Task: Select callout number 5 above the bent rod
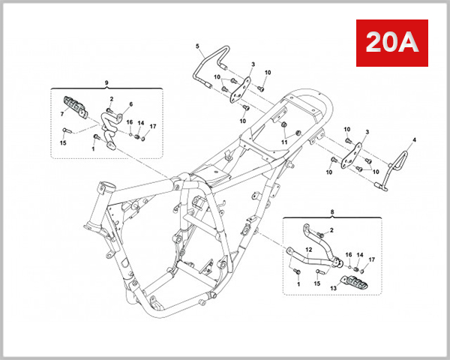(198, 46)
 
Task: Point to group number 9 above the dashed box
(106, 81)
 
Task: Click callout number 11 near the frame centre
(284, 142)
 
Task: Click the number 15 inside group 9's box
(62, 142)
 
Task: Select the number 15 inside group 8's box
(316, 284)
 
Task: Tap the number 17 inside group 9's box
(153, 126)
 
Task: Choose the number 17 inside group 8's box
(370, 259)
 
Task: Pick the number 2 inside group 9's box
(111, 99)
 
